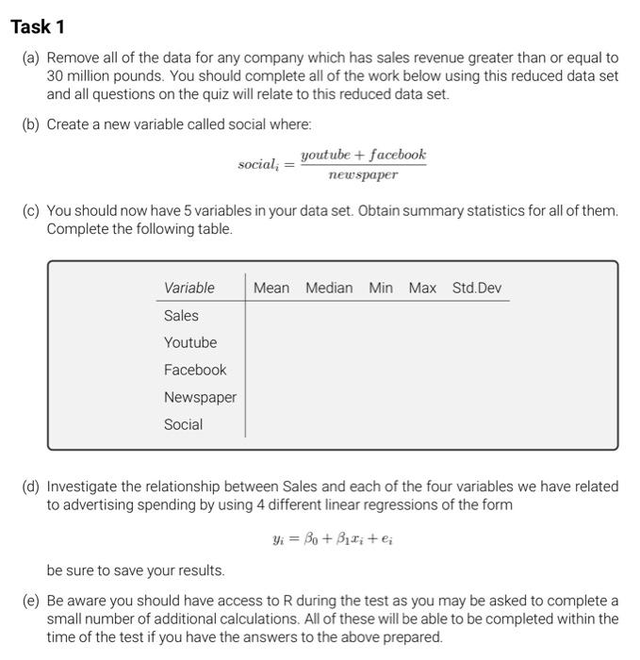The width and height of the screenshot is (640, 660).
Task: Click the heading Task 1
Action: (x=39, y=26)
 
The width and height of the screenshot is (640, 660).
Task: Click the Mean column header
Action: (x=271, y=288)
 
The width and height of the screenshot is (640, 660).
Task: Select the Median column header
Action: (x=329, y=288)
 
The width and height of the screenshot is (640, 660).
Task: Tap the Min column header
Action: (x=381, y=288)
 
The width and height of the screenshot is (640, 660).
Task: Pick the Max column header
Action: (x=422, y=288)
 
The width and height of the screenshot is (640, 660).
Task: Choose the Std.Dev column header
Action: (x=477, y=288)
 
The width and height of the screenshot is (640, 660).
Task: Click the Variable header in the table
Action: (x=189, y=288)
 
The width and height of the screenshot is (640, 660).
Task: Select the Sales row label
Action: (x=181, y=315)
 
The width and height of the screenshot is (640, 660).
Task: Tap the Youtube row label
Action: (x=190, y=342)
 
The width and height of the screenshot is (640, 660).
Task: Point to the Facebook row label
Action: (x=195, y=370)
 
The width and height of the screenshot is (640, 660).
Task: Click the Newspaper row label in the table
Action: (x=200, y=397)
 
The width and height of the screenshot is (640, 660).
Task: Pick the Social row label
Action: (x=183, y=424)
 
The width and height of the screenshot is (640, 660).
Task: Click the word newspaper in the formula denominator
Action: (x=363, y=175)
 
